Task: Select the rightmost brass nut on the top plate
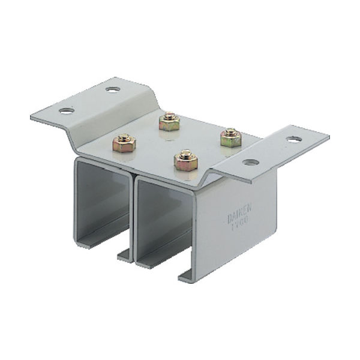click(230, 138)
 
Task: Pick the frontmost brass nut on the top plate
click(185, 160)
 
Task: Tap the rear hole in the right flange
click(293, 139)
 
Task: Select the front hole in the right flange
click(250, 163)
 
